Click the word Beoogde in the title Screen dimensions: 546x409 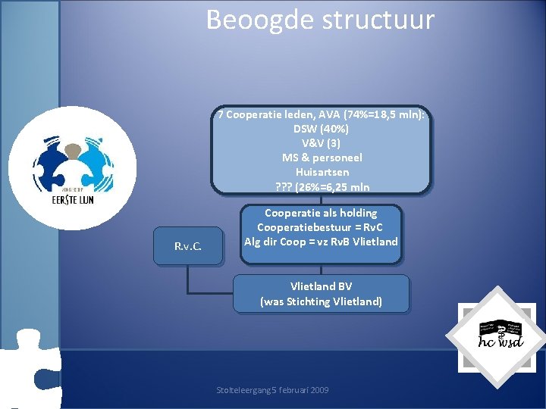[x=253, y=20]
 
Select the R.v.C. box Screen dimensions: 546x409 [x=188, y=247]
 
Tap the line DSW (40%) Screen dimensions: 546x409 [x=321, y=129]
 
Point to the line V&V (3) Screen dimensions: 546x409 [x=321, y=143]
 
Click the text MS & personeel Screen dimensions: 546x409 [x=322, y=158]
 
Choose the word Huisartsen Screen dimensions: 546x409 [x=322, y=172]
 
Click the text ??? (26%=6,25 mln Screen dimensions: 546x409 [x=322, y=186]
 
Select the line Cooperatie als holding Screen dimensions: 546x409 [x=321, y=213]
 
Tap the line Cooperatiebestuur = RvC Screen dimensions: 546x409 [x=321, y=227]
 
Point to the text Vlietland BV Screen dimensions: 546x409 [x=321, y=286]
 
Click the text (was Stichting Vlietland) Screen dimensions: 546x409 [x=321, y=301]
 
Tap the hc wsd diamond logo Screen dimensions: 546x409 [x=495, y=331]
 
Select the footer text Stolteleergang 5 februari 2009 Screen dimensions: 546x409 [x=272, y=390]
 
